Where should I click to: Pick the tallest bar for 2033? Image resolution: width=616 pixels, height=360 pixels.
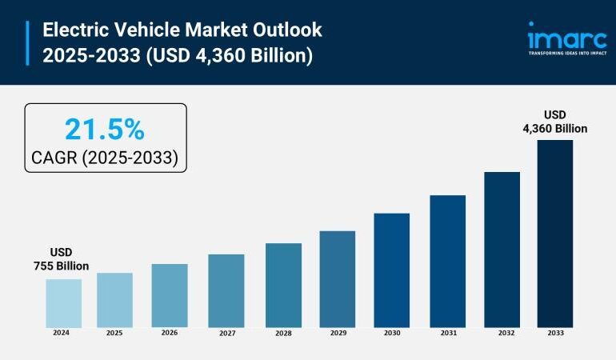(554, 233)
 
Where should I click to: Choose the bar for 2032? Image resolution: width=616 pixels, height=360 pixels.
(502, 249)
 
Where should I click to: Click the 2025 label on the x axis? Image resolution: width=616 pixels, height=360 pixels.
(114, 333)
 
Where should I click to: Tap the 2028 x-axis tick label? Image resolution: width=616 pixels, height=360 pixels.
(283, 333)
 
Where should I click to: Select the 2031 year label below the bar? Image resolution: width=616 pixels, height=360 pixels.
(447, 333)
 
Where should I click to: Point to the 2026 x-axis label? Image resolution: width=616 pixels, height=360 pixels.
(170, 333)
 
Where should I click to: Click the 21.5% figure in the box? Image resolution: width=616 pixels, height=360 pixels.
(104, 129)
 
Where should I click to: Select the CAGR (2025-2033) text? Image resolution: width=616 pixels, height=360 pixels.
(104, 158)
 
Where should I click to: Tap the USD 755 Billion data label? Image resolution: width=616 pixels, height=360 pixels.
(61, 259)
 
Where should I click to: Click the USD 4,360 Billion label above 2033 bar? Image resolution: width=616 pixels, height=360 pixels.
(554, 121)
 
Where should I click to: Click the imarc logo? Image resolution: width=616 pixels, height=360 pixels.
(566, 36)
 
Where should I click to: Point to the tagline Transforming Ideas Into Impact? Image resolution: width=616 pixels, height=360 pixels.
(566, 54)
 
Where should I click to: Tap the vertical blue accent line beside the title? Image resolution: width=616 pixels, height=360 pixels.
(28, 43)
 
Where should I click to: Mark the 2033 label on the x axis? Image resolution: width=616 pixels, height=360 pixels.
(554, 333)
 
